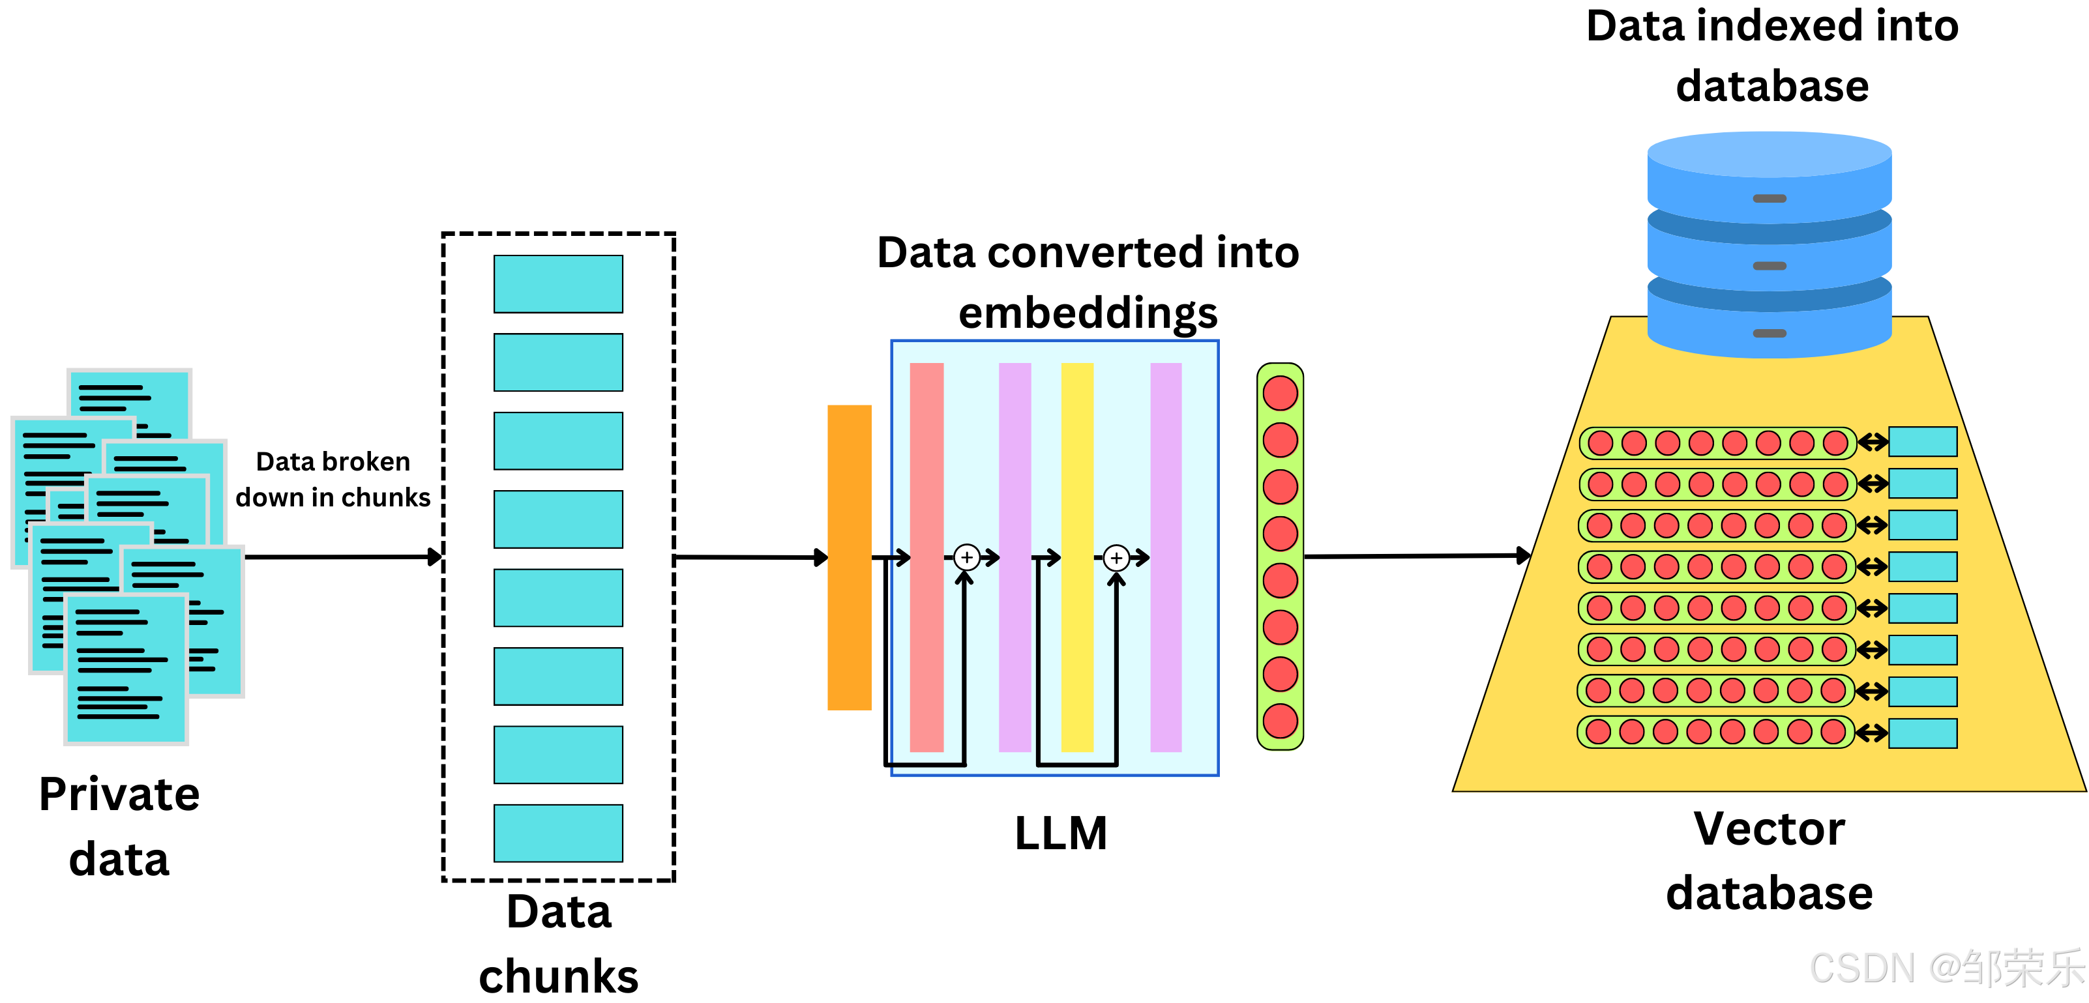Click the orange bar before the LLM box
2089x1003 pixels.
(849, 557)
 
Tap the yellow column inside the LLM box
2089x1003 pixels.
(1077, 557)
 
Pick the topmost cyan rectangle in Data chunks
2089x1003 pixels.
(558, 283)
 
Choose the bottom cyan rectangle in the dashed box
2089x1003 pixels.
(558, 833)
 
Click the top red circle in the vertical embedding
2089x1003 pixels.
(1280, 393)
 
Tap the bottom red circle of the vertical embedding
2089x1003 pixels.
(1280, 721)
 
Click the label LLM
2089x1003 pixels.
(1061, 833)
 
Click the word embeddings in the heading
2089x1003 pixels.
(1088, 313)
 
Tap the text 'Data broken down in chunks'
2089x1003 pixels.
(333, 479)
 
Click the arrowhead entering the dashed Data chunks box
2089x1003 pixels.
(436, 557)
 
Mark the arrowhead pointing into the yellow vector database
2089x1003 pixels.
(1524, 555)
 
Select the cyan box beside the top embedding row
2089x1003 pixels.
(1923, 442)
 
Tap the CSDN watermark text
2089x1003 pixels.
(1947, 968)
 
